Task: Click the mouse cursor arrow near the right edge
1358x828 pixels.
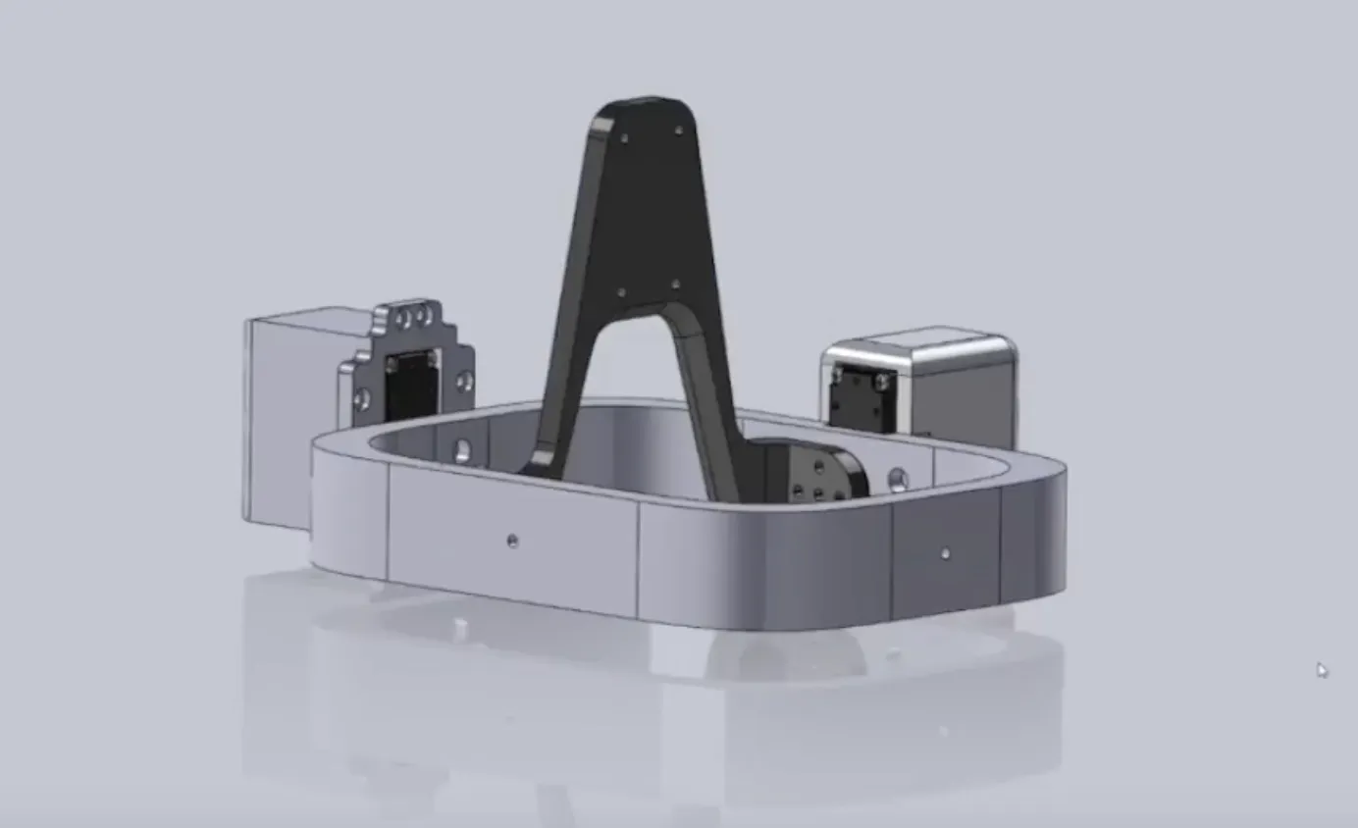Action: point(1322,670)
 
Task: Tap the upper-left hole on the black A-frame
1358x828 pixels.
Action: point(625,138)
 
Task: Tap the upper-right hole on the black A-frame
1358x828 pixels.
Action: point(678,129)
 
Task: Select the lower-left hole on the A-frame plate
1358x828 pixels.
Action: point(620,292)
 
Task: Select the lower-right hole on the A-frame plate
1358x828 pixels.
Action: point(674,284)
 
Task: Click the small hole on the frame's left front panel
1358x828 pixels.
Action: point(512,540)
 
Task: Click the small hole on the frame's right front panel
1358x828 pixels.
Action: point(944,553)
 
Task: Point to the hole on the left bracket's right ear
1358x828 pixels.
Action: point(464,380)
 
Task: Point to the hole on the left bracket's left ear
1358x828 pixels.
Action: point(362,398)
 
